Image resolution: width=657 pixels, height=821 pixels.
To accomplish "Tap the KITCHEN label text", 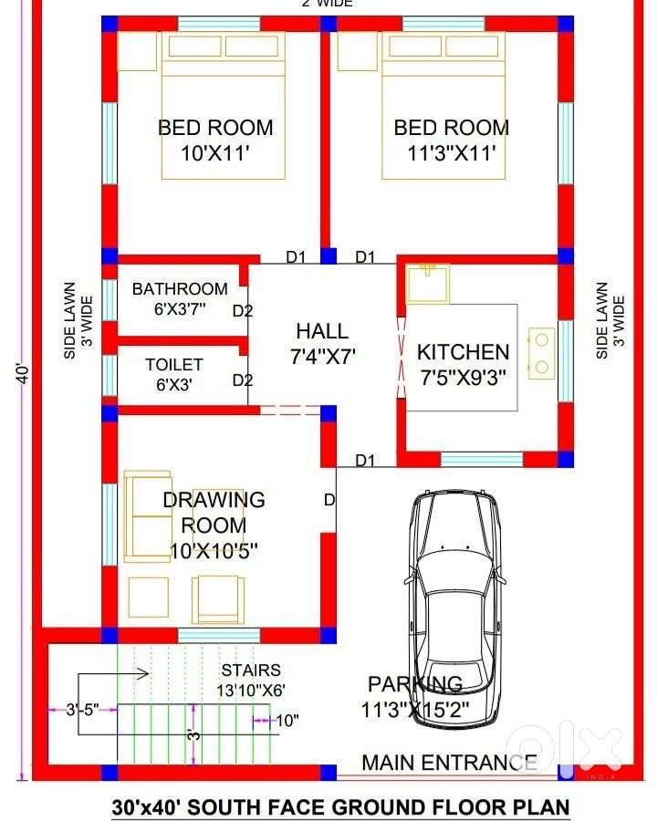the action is [464, 352].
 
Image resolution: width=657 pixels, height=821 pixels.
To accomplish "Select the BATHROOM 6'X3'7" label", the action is [180, 298].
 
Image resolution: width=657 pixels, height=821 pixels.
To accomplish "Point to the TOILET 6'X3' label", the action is [174, 374].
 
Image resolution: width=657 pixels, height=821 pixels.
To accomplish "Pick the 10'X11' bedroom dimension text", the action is [214, 153].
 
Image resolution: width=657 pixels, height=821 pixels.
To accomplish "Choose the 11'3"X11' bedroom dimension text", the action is [452, 153].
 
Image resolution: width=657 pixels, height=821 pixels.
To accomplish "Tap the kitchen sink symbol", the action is [428, 284].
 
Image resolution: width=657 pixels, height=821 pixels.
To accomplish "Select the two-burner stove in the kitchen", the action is [542, 353].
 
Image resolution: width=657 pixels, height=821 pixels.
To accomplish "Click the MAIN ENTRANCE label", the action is [450, 763].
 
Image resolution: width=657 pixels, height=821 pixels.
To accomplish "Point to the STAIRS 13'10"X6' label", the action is [251, 681].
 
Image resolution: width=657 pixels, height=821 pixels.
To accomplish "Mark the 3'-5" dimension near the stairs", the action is [83, 710].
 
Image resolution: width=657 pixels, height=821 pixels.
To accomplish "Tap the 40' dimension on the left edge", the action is [23, 373].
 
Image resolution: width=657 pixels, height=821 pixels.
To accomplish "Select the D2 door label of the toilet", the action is [243, 379].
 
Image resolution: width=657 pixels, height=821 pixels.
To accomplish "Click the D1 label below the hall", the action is [365, 461].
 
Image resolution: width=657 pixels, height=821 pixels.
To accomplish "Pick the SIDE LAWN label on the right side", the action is [602, 320].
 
